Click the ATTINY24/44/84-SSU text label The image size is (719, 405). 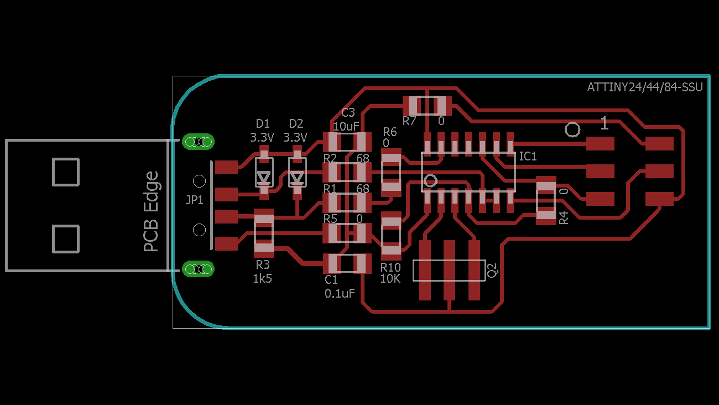pyautogui.click(x=645, y=87)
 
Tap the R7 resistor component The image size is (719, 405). pyautogui.click(x=426, y=105)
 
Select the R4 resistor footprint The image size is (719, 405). pyautogui.click(x=546, y=200)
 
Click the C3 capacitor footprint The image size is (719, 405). pyautogui.click(x=347, y=142)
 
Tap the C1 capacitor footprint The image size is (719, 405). pyautogui.click(x=347, y=263)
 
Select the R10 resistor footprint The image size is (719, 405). pyautogui.click(x=391, y=236)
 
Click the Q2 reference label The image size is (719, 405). pyautogui.click(x=492, y=270)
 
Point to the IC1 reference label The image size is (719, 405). pyautogui.click(x=528, y=157)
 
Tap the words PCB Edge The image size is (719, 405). pyautogui.click(x=151, y=211)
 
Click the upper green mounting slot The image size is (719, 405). pyautogui.click(x=198, y=142)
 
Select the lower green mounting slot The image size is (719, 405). pyautogui.click(x=198, y=269)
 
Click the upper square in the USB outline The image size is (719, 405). pyautogui.click(x=66, y=172)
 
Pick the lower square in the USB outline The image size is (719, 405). pyautogui.click(x=66, y=238)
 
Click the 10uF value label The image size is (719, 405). pyautogui.click(x=346, y=126)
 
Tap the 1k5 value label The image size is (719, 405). pyautogui.click(x=262, y=279)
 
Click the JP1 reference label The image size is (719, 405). pyautogui.click(x=194, y=200)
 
